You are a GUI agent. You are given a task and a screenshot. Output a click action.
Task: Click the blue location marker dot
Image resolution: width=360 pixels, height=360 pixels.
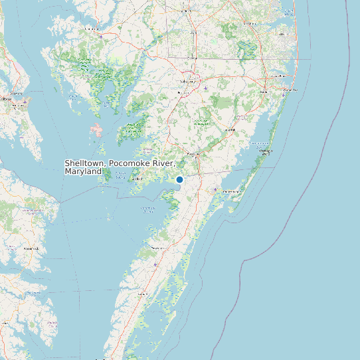tap(179, 179)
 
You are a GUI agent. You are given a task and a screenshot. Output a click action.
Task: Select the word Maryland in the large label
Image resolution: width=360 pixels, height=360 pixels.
tap(83, 171)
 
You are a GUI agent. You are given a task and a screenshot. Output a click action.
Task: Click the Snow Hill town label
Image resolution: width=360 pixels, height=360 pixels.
tap(230, 130)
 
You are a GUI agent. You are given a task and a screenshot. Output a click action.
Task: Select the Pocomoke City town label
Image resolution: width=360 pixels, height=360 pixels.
tap(193, 154)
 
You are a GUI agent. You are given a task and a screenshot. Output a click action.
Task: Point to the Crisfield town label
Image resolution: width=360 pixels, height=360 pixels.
tap(137, 178)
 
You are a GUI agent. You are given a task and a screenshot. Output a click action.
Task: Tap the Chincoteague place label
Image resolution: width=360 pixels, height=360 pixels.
tap(232, 191)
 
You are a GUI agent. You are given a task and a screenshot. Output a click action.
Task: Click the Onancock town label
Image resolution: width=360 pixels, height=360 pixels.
tap(158, 247)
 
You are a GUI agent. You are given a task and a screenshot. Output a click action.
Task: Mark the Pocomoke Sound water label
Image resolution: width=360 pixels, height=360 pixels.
tap(147, 209)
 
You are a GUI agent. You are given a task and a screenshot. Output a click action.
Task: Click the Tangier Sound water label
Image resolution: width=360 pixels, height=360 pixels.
tap(120, 176)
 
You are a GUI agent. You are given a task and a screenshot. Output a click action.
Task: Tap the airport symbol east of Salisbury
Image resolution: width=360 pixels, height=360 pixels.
tap(207, 88)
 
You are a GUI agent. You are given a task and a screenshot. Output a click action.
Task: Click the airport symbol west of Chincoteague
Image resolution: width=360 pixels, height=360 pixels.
tap(215, 190)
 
